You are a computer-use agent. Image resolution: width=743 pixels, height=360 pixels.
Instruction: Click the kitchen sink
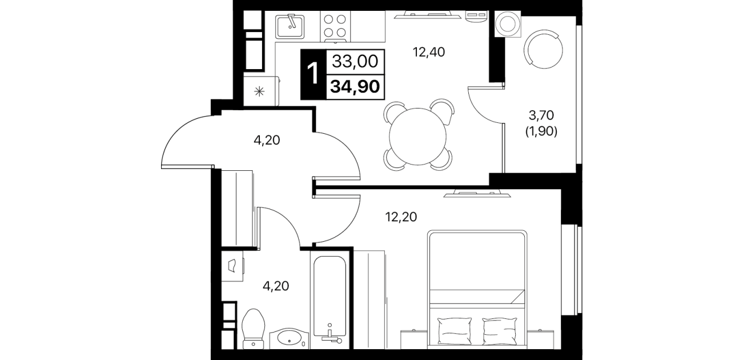pos(290,26)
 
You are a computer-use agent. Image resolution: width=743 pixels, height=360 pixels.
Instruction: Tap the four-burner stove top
pos(335,26)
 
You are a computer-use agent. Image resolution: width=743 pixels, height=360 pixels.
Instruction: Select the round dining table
pos(417,135)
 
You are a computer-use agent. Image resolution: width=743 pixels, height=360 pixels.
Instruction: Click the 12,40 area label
pos(428,52)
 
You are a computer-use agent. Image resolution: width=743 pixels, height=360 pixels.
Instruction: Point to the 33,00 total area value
pos(355,61)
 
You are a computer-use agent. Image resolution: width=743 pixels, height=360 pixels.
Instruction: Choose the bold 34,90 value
pos(355,87)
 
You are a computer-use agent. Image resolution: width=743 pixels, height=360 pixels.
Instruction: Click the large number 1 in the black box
pos(313,74)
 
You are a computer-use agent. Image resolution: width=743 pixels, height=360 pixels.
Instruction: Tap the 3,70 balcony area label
pos(541,115)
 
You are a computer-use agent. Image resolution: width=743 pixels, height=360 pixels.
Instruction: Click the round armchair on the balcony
pos(543,49)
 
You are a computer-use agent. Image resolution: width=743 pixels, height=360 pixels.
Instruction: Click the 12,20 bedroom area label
pos(401,217)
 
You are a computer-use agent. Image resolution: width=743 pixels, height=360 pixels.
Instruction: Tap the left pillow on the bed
pos(455,331)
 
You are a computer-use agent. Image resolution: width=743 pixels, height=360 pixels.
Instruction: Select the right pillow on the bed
pos(500,331)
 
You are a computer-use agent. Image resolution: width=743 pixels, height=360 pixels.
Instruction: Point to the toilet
pos(254,329)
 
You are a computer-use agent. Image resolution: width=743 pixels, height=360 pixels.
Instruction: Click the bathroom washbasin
pos(289,339)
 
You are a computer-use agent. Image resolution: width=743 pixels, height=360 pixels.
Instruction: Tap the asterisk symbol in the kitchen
pos(259,91)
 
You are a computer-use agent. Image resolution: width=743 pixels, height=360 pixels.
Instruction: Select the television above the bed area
pos(477,193)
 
